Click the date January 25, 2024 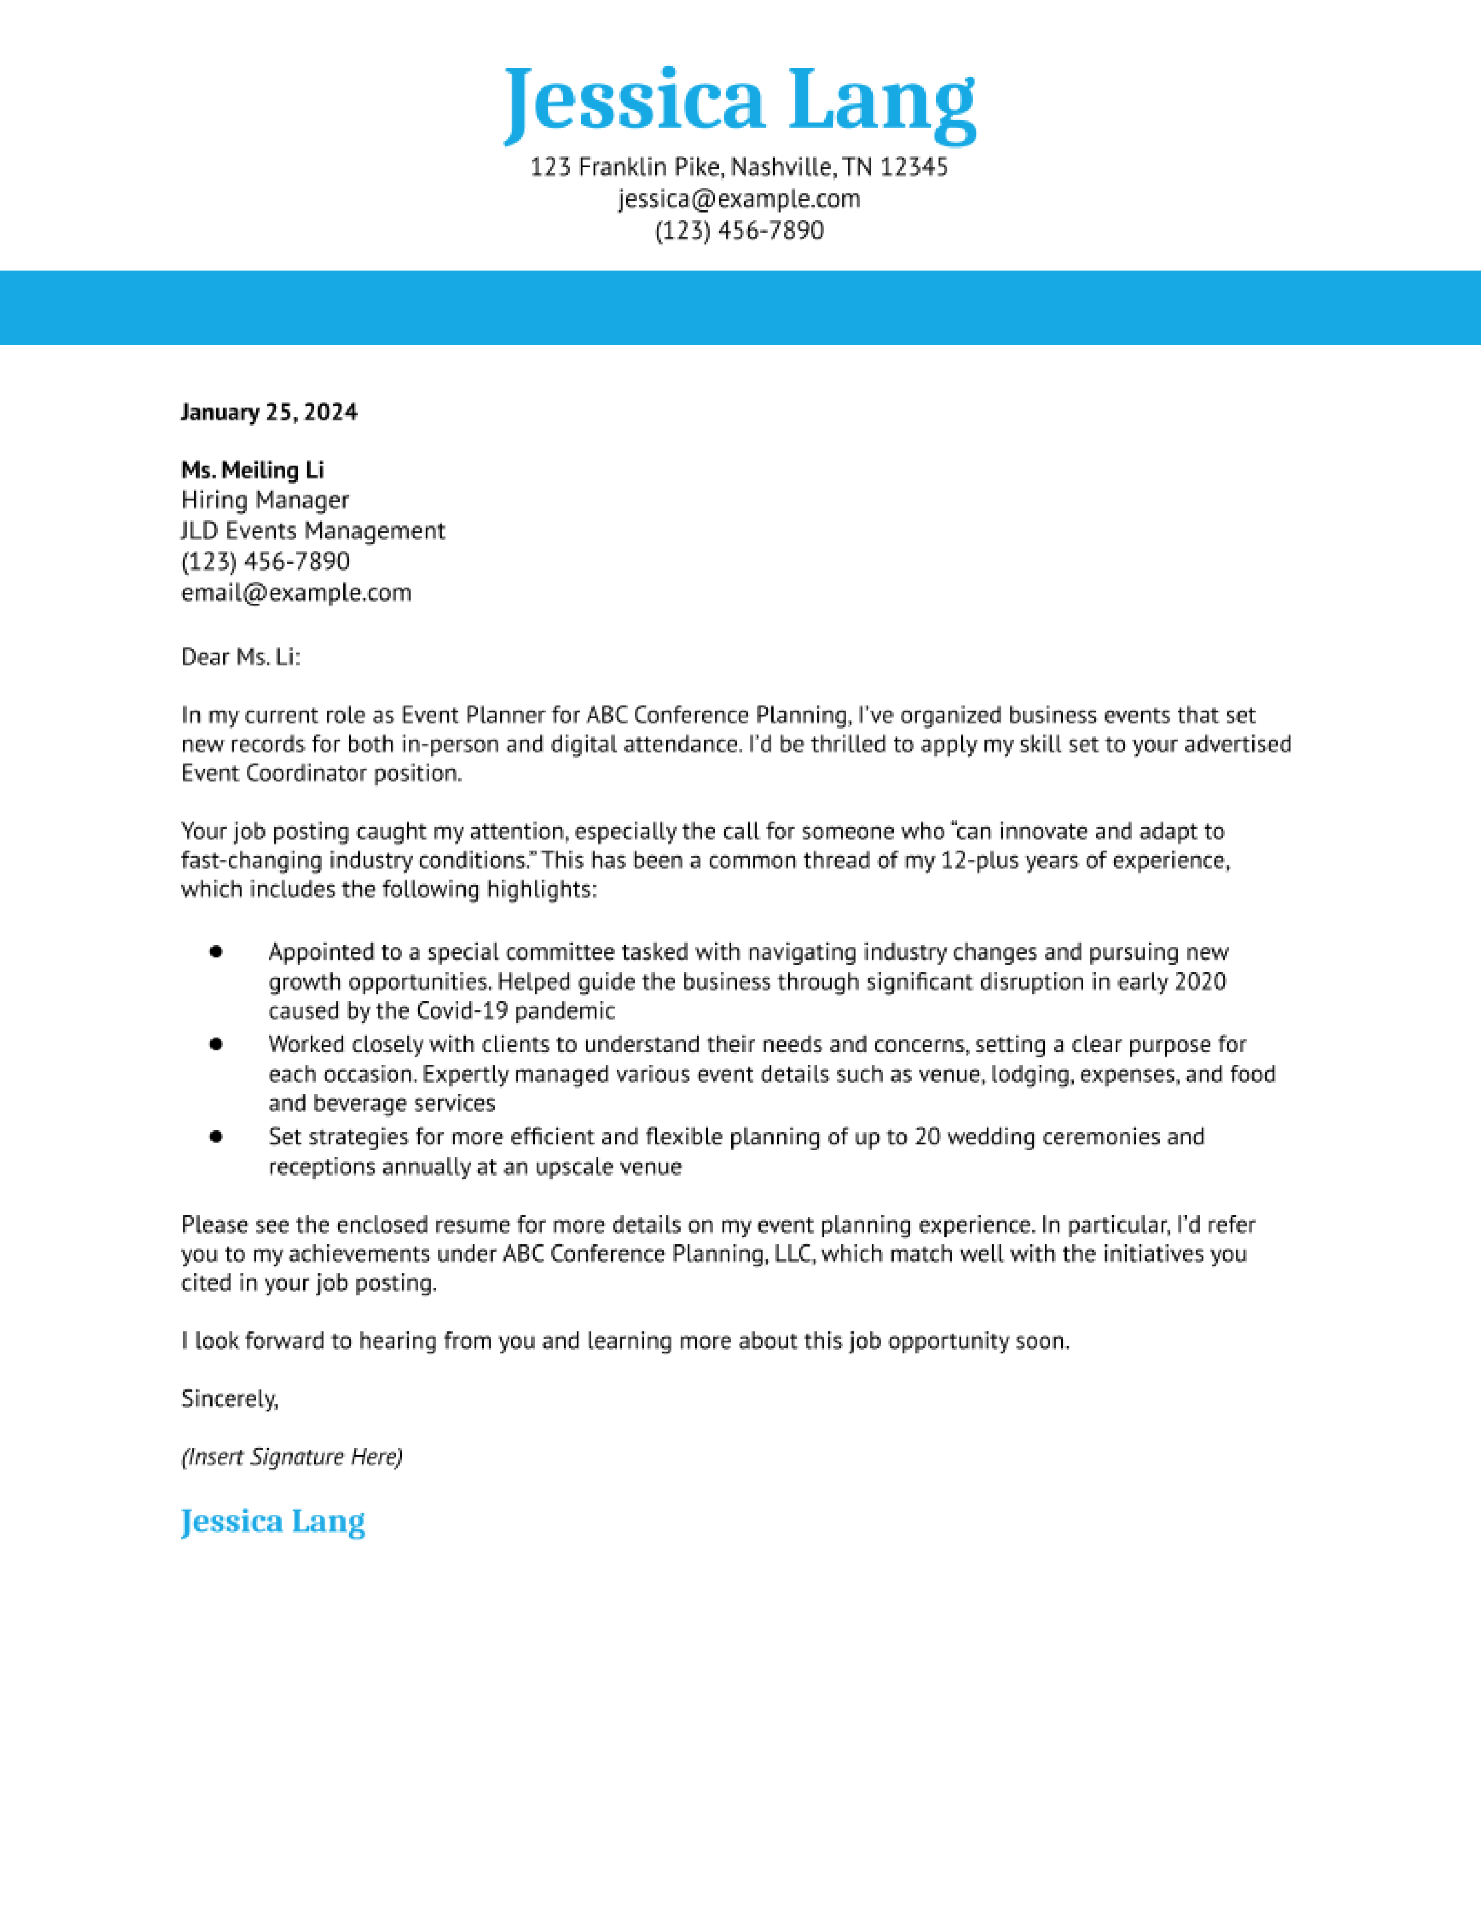click(x=268, y=412)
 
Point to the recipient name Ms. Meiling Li click(x=253, y=470)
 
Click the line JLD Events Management click(x=312, y=531)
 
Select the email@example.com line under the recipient click(x=296, y=593)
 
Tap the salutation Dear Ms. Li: click(x=240, y=657)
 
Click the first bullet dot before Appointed click(x=216, y=952)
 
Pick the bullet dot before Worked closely click(x=216, y=1044)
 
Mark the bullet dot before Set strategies click(x=216, y=1136)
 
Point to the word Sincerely click(x=229, y=1399)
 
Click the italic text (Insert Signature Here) click(x=292, y=1456)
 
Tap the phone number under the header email click(x=739, y=231)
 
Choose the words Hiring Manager click(x=265, y=500)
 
